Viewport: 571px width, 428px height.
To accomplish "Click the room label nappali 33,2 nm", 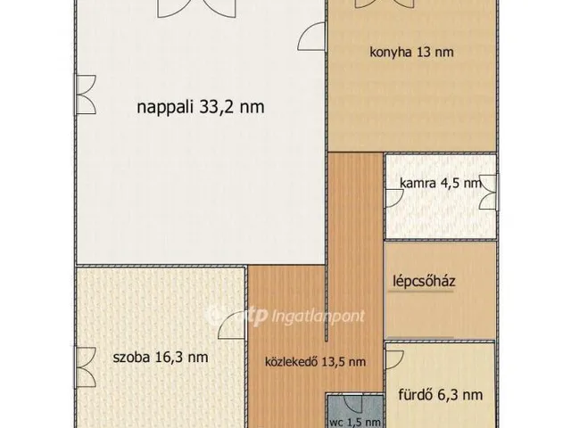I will click(x=200, y=108).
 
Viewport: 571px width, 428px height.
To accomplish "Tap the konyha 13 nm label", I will click(x=411, y=52).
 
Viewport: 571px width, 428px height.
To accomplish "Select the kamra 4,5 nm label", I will click(x=440, y=184).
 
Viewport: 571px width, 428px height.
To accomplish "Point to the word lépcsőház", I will click(x=425, y=283).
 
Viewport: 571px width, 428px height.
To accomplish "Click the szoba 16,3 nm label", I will click(x=161, y=357).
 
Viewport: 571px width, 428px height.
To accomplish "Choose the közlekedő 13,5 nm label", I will click(x=315, y=362).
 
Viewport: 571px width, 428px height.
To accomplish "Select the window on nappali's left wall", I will click(x=83, y=90).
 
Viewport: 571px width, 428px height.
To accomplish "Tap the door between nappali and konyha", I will click(x=312, y=36).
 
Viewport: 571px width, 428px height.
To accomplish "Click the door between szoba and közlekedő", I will click(x=234, y=330).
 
